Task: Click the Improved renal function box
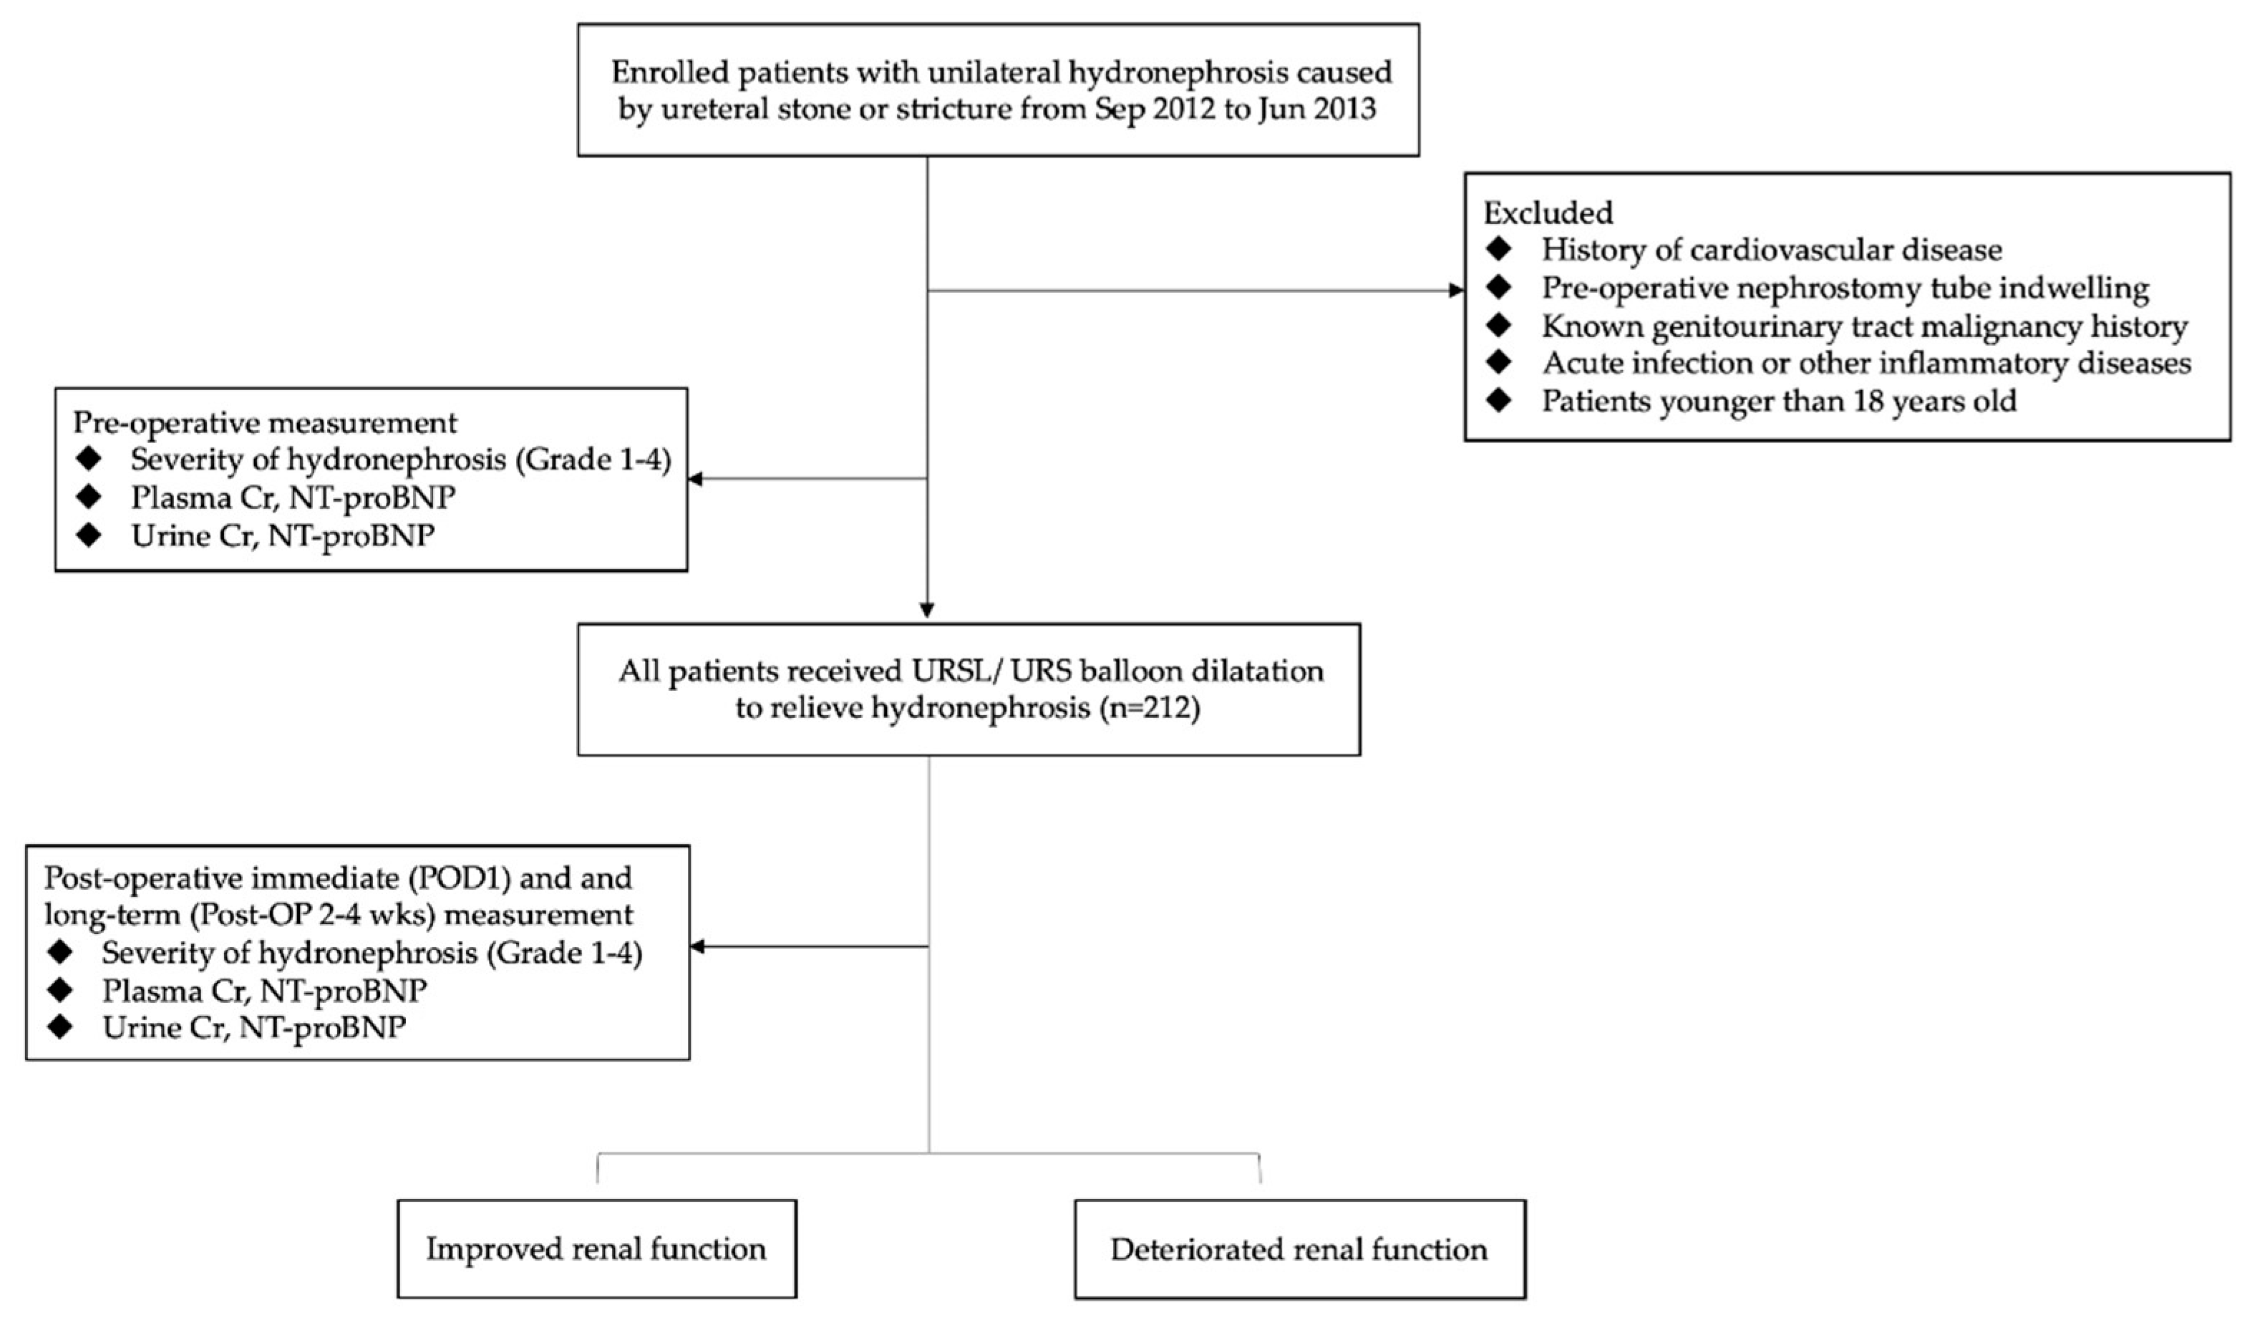(596, 1248)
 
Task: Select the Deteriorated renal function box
(1299, 1248)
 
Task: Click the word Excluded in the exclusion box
(1548, 213)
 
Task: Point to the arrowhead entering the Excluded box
(1456, 291)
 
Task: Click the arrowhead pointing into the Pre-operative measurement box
(695, 479)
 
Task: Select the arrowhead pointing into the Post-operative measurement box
(697, 946)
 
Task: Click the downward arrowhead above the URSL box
(927, 611)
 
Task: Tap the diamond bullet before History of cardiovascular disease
(1499, 249)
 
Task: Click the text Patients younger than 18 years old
(1778, 400)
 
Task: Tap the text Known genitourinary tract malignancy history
(1864, 326)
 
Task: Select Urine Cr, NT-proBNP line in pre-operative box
(282, 535)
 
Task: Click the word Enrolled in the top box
(669, 72)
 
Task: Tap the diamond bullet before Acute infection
(1499, 363)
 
